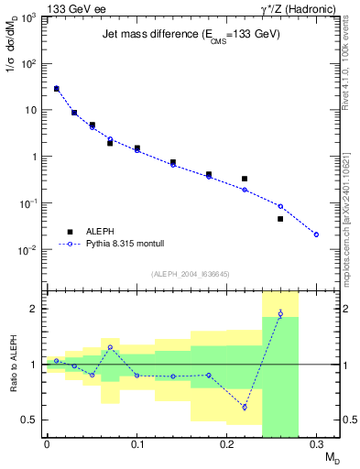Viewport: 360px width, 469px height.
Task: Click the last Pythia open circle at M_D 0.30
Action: (316, 234)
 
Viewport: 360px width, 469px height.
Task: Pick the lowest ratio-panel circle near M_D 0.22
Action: (245, 407)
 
